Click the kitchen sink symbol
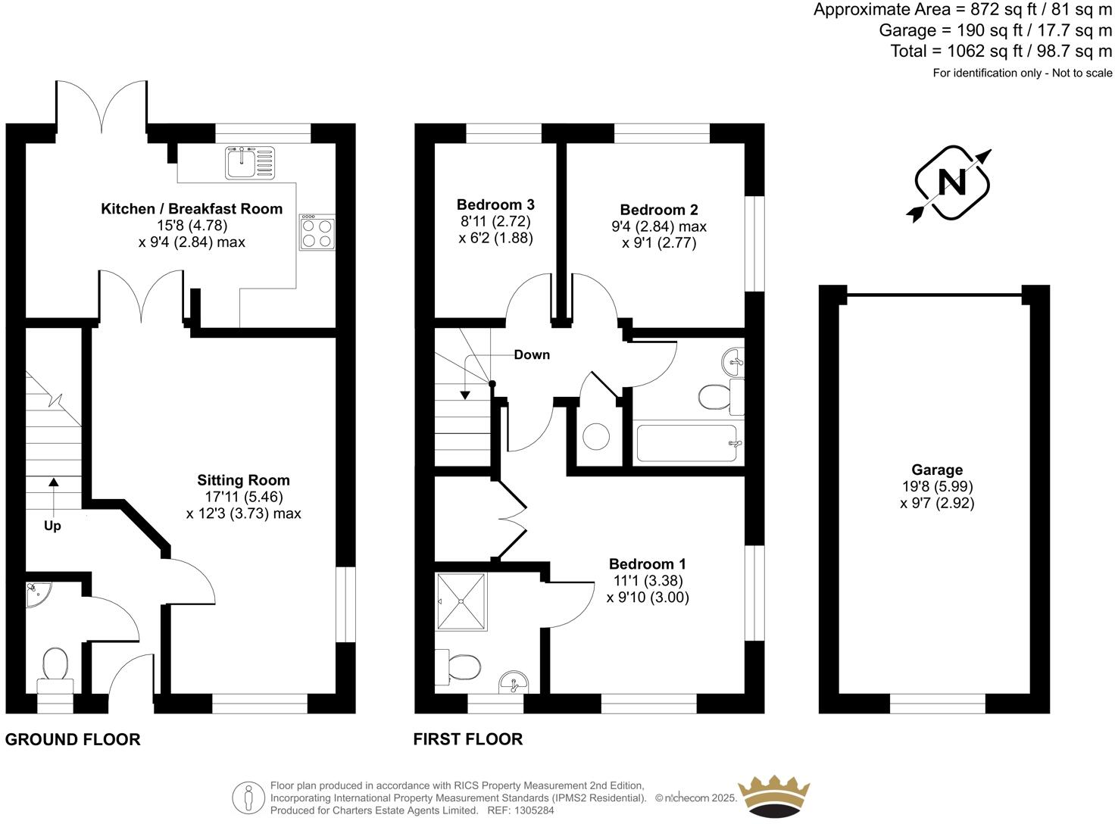coord(248,162)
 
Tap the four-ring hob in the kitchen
coord(317,233)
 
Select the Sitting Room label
coord(243,480)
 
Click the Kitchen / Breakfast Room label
coord(192,209)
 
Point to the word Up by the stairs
coord(52,526)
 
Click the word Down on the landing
coord(532,354)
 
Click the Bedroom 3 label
coord(495,204)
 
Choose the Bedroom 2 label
coord(659,210)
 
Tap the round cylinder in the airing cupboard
coord(596,437)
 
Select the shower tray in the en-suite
coord(461,601)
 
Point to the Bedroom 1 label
coord(648,564)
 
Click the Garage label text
coord(937,470)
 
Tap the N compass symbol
coord(951,183)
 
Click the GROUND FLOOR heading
coord(73,740)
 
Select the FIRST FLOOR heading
coord(468,739)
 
